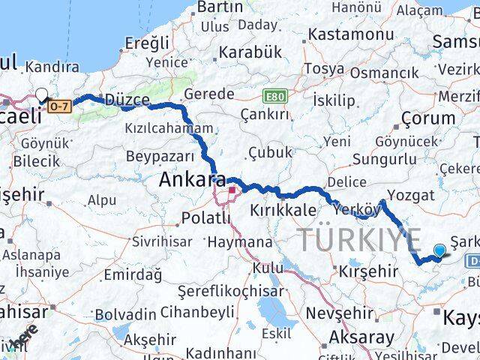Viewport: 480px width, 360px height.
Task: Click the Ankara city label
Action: (192, 181)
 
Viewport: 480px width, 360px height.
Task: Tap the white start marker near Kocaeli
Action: (41, 95)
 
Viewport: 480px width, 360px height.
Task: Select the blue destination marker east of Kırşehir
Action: (439, 250)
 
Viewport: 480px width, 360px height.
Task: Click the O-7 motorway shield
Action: (60, 106)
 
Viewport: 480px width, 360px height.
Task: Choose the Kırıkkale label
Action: (280, 210)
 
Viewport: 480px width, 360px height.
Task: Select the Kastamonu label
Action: (351, 35)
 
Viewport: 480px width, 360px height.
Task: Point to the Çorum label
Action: (428, 118)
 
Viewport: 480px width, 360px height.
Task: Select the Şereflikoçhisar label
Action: (231, 292)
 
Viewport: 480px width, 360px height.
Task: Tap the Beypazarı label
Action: (160, 156)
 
